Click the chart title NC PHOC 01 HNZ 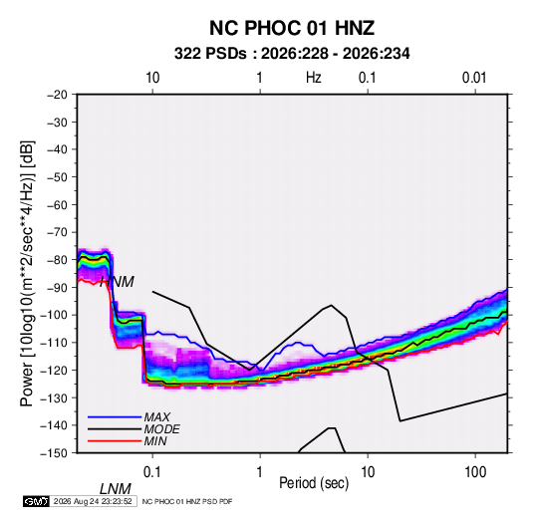[292, 28]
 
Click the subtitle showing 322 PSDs [292, 54]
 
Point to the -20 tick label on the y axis [57, 95]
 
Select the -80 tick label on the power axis [57, 260]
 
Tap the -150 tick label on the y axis [54, 453]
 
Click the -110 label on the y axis [54, 343]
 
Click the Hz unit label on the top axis [314, 78]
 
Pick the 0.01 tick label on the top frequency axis [474, 78]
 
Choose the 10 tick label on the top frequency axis [152, 78]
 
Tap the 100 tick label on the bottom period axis [475, 472]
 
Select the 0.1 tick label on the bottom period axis [152, 472]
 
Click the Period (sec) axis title [314, 483]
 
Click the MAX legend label [156, 417]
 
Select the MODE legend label [161, 429]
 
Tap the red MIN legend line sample [115, 441]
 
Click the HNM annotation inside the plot [117, 282]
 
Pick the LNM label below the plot [115, 489]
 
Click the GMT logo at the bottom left [36, 501]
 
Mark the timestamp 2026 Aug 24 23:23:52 [93, 501]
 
